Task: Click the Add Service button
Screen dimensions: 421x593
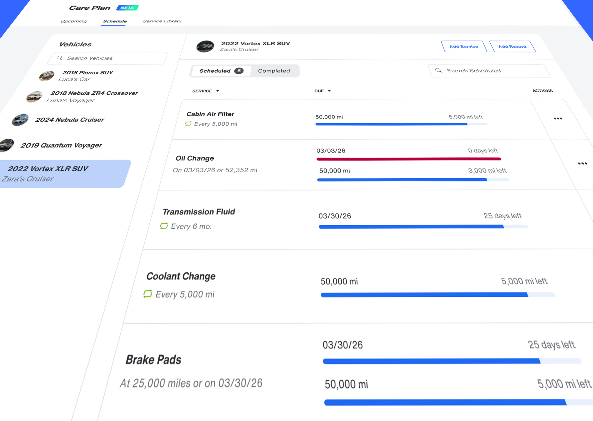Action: [x=464, y=46]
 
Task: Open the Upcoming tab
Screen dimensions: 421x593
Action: [x=74, y=21]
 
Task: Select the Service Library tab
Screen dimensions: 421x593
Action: [x=162, y=21]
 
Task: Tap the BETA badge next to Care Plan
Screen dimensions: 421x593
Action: [x=127, y=8]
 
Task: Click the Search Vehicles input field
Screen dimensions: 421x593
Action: [x=109, y=58]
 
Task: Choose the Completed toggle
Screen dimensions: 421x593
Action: [x=274, y=71]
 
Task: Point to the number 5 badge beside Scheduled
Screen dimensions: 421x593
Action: [x=239, y=71]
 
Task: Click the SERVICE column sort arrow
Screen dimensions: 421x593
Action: [x=218, y=91]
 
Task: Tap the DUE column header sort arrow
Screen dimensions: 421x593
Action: [x=329, y=91]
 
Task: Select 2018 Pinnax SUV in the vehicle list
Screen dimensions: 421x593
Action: [x=88, y=73]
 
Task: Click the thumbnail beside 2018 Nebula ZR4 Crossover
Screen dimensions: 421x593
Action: [x=34, y=97]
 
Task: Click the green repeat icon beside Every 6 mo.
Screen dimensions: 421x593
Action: [x=164, y=226]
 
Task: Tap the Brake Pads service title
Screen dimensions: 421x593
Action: [x=153, y=360]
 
